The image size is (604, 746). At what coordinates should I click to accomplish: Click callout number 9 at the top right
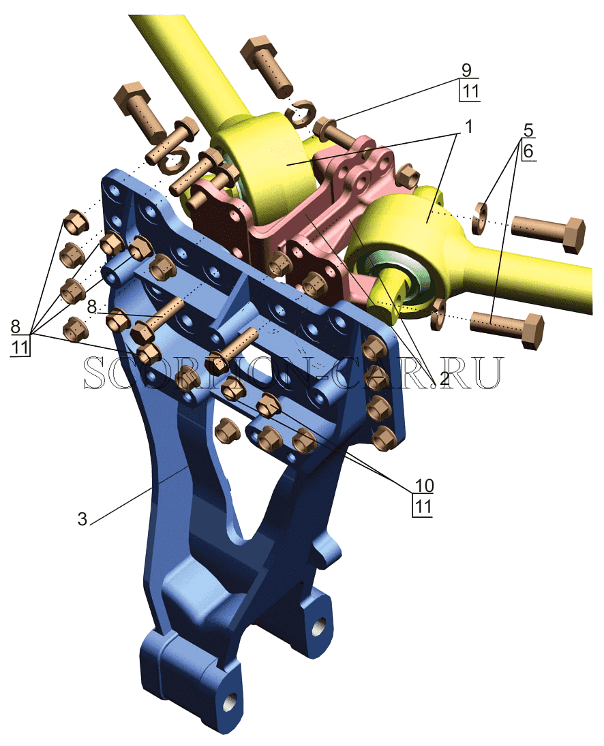466,70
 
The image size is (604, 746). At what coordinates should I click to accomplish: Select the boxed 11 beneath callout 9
470,91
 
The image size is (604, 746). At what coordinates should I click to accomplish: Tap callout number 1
468,127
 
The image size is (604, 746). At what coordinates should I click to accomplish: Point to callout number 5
528,130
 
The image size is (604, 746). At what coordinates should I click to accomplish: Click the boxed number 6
528,151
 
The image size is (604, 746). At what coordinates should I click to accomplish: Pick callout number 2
444,378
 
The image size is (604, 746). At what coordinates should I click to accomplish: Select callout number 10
423,485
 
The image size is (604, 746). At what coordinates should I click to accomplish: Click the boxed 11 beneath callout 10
423,506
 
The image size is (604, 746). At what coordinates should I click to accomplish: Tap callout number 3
82,518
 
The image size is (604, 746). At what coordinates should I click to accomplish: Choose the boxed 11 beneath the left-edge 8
20,346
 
